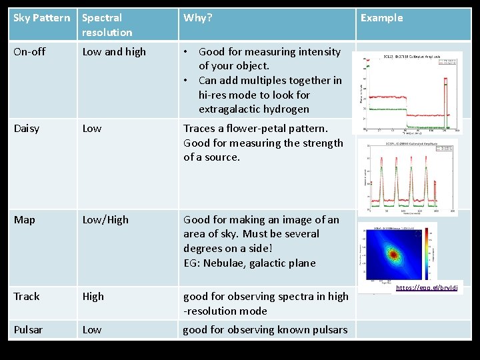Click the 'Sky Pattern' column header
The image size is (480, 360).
[x=41, y=18]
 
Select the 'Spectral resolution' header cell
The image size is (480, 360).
[x=107, y=25]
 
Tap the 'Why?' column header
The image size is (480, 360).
[x=198, y=18]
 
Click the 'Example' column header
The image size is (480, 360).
[x=381, y=18]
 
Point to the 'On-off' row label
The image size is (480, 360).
[x=29, y=52]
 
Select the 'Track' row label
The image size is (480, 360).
[x=27, y=297]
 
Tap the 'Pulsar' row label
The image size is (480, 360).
[x=28, y=330]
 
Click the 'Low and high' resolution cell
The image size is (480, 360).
[x=114, y=52]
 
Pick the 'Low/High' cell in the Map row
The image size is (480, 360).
[x=105, y=220]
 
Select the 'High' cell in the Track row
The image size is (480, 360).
[x=93, y=297]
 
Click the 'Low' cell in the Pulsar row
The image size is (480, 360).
[x=92, y=330]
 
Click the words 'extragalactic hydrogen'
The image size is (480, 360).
[x=253, y=109]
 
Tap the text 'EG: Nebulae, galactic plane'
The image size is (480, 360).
[x=249, y=263]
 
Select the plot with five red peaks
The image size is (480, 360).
[x=409, y=177]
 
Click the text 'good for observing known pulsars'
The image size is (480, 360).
[x=265, y=330]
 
